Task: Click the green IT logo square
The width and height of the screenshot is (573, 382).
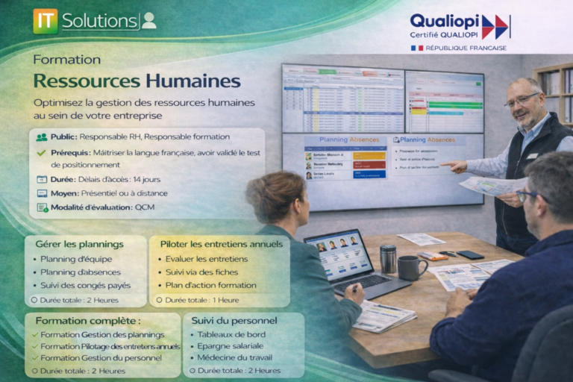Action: (46, 21)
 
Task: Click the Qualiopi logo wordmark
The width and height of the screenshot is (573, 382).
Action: (445, 21)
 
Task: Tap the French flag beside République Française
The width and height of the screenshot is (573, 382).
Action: (417, 48)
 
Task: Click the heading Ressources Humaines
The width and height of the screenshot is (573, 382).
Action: (137, 81)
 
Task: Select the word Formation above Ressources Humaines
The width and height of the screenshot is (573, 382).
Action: (67, 59)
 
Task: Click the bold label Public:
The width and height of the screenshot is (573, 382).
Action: (63, 137)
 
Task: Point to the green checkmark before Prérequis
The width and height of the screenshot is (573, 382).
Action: (41, 153)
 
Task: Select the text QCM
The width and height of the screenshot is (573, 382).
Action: (145, 207)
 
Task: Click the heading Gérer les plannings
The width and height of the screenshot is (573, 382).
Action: (79, 244)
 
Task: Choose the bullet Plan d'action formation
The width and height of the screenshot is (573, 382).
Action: (211, 286)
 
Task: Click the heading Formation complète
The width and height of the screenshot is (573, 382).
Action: (88, 321)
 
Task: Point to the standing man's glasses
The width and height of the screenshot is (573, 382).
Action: (522, 98)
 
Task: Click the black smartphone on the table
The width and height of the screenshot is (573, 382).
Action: (470, 254)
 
